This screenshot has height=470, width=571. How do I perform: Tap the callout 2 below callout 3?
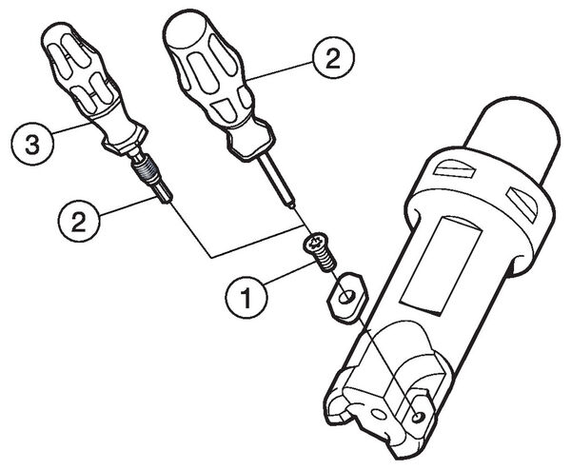79,221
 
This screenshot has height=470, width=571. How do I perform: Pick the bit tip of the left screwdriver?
166,195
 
